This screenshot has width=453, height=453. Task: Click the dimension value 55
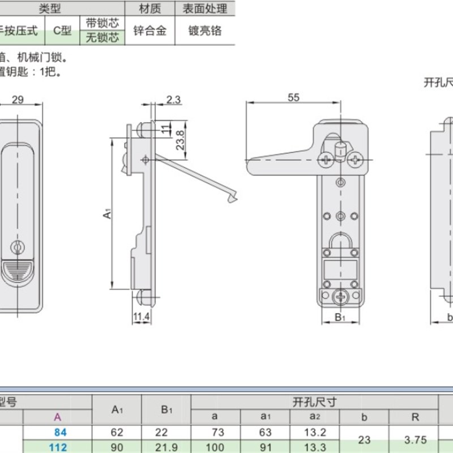pyautogui.click(x=293, y=97)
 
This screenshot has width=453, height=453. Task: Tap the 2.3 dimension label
pyautogui.click(x=174, y=100)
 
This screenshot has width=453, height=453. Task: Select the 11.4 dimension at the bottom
pyautogui.click(x=142, y=317)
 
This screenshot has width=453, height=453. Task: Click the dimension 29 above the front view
pyautogui.click(x=18, y=100)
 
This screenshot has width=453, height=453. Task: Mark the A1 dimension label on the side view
pyautogui.click(x=106, y=214)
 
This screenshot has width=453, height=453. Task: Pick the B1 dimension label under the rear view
pyautogui.click(x=340, y=317)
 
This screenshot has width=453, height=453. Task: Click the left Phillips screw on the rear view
pyautogui.click(x=326, y=160)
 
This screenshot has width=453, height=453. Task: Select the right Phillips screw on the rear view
pyautogui.click(x=356, y=160)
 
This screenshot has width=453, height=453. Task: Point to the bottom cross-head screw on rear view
pyautogui.click(x=340, y=296)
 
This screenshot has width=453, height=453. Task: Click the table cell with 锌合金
pyautogui.click(x=150, y=31)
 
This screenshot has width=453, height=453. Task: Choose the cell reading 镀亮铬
pyautogui.click(x=205, y=31)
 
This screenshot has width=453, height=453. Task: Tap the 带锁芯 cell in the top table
pyautogui.click(x=102, y=23)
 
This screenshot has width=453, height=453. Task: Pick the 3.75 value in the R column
pyautogui.click(x=415, y=439)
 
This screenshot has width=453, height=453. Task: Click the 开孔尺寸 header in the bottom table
pyautogui.click(x=314, y=402)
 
